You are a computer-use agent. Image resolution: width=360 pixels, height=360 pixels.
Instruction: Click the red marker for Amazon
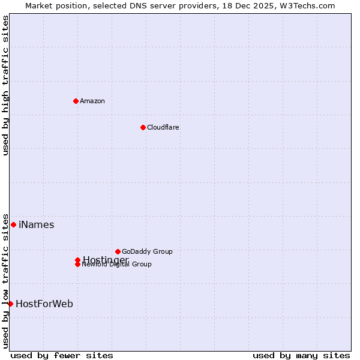[76, 101]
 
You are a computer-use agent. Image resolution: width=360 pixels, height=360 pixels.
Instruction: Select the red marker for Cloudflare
[143, 127]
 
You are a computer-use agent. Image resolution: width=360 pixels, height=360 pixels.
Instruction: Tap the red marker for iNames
[13, 224]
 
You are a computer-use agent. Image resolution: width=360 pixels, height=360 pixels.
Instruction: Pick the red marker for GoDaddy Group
[118, 251]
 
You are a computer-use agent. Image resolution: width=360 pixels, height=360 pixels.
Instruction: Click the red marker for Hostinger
[77, 260]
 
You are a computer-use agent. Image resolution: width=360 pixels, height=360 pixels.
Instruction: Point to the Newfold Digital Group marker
[77, 265]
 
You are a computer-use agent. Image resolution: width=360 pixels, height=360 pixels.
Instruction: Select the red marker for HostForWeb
[10, 304]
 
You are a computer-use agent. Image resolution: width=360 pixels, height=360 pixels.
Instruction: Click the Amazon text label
[92, 101]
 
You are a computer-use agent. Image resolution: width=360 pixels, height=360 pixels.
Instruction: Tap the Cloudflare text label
[163, 127]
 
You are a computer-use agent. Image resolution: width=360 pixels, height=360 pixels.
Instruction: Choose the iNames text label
[36, 225]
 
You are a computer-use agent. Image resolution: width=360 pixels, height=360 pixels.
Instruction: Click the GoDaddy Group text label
[147, 251]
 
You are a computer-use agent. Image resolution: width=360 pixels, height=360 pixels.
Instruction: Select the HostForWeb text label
[44, 304]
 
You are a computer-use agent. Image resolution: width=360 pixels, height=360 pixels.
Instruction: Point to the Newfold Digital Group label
[116, 265]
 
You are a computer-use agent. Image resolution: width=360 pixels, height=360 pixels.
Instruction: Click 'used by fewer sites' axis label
[62, 355]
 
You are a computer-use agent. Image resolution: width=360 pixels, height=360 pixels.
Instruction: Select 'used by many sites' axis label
[301, 355]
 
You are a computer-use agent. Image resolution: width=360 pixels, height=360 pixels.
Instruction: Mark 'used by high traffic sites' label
[5, 85]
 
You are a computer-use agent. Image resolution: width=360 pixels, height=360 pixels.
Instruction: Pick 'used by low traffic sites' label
[5, 280]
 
